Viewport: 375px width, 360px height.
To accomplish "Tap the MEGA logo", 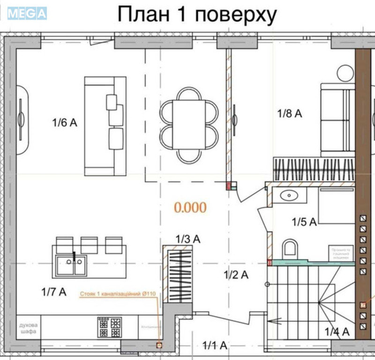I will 27,14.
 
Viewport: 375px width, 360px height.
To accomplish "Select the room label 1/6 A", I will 64,123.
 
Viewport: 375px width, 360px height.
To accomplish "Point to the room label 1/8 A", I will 289,113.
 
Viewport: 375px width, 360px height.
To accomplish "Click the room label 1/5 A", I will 305,222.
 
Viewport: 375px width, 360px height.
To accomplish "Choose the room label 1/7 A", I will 53,292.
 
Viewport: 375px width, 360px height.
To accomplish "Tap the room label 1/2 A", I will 236,275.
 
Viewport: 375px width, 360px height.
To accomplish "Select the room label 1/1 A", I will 215,346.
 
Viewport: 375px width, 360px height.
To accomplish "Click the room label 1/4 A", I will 337,332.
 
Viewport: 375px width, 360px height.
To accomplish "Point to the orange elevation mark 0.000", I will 190,207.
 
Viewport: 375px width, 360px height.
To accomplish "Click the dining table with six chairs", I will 189,125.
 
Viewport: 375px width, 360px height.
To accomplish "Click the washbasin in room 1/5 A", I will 287,195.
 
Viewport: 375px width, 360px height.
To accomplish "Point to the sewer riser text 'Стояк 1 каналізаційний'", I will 117,294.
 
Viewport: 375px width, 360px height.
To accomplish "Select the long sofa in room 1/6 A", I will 105,126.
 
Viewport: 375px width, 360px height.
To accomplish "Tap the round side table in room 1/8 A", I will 345,73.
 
